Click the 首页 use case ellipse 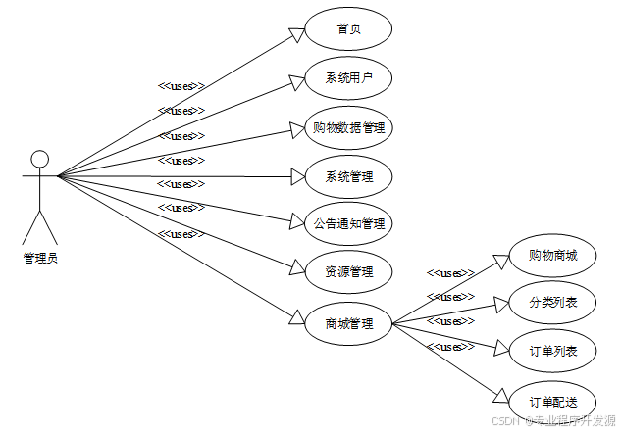(x=348, y=29)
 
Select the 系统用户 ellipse (x=348, y=78)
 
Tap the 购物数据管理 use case (x=348, y=127)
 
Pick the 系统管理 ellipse (x=348, y=176)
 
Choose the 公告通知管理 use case (x=348, y=223)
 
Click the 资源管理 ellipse (x=348, y=271)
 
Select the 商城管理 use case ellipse (x=348, y=322)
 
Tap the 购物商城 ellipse (x=552, y=256)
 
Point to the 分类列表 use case (x=552, y=303)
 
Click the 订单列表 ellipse (x=552, y=352)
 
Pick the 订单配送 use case (x=552, y=402)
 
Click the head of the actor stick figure (x=39, y=159)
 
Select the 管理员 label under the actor (x=40, y=258)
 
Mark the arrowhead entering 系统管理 (x=298, y=177)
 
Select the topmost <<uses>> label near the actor (x=181, y=86)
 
